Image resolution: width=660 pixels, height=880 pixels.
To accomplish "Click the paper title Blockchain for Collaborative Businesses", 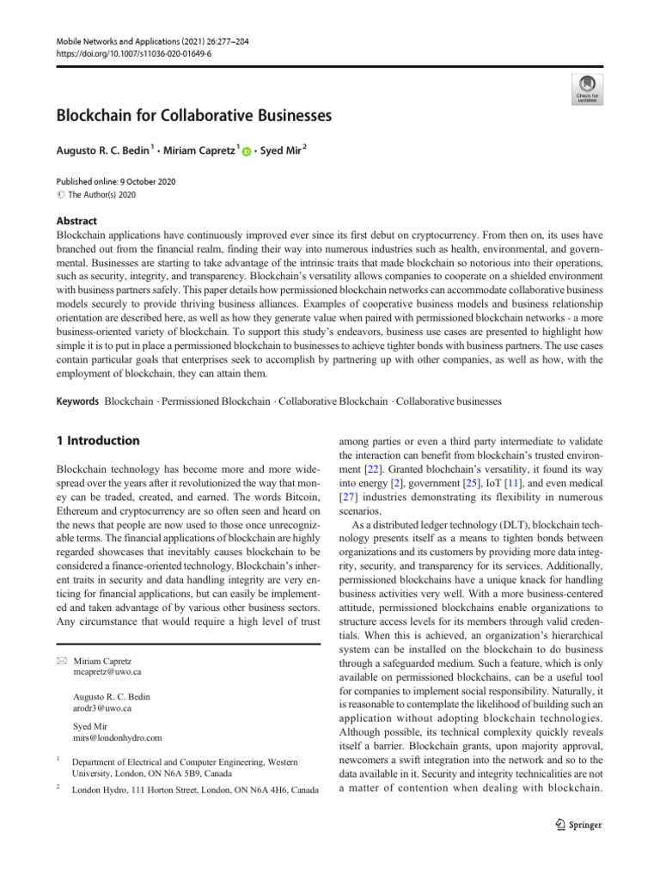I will pyautogui.click(x=193, y=114).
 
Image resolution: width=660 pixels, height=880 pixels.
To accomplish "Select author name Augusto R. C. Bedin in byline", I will pyautogui.click(x=103, y=150).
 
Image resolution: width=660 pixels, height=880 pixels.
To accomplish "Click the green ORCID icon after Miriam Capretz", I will pyautogui.click(x=247, y=152).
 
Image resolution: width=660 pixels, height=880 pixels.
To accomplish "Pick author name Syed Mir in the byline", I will pyautogui.click(x=280, y=150).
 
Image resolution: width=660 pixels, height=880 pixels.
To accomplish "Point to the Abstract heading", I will pyautogui.click(x=77, y=220).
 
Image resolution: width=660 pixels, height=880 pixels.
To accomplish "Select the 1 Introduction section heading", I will pyautogui.click(x=97, y=441).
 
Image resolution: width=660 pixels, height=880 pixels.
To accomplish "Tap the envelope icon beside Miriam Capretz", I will pyautogui.click(x=61, y=637).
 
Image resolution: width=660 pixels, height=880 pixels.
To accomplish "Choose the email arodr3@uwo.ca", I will pyautogui.click(x=102, y=685).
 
